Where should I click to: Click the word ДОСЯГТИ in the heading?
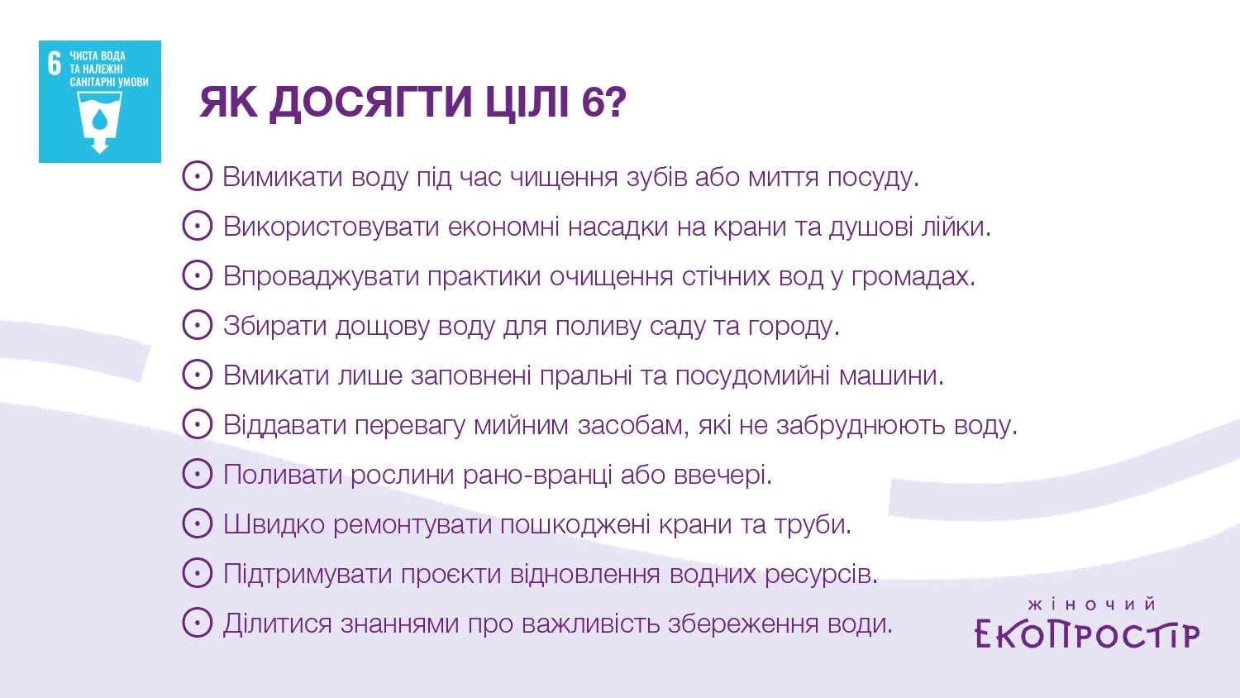coord(370,103)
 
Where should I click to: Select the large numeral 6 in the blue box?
coord(54,63)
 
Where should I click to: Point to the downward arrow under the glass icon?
coord(99,145)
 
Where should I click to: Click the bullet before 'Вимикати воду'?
coord(197,176)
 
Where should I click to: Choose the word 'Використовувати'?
coord(331,227)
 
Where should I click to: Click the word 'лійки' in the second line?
coord(956,227)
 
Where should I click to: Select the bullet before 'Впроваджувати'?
coord(197,275)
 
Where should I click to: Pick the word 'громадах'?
coord(913,276)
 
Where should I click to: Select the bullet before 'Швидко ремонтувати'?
coord(197,523)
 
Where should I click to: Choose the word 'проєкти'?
coord(451,574)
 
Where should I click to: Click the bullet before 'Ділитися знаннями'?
coord(197,622)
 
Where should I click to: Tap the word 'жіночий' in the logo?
coord(1092,604)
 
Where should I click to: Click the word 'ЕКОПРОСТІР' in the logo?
coord(1087,633)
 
